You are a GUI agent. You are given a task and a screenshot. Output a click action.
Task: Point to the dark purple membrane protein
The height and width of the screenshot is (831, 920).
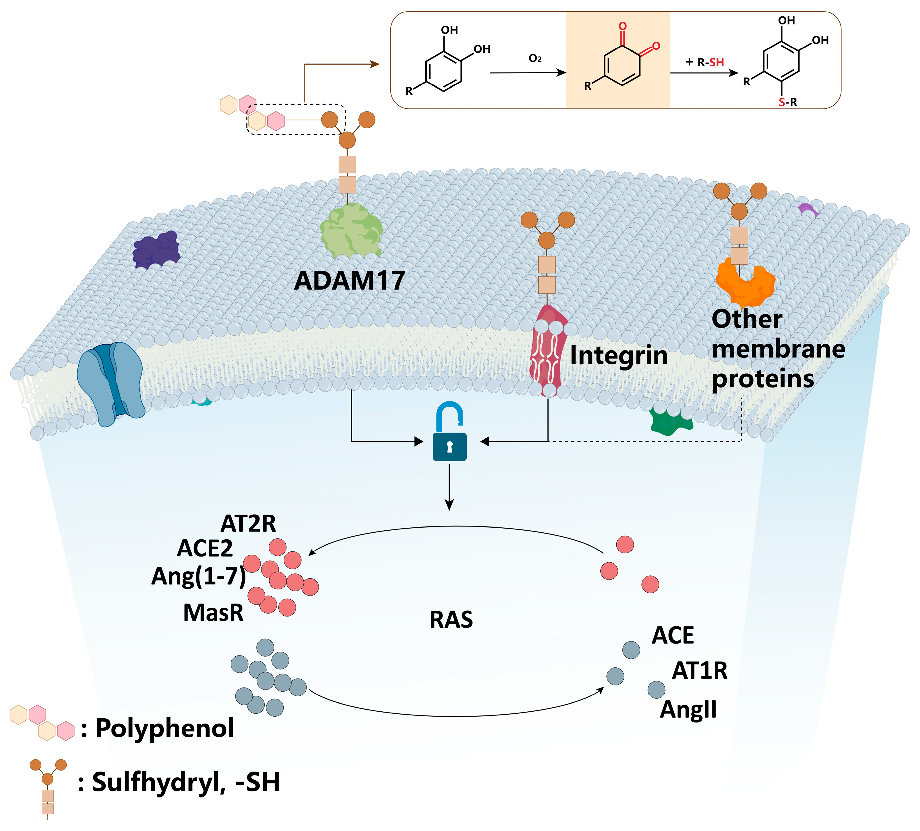[x=156, y=250]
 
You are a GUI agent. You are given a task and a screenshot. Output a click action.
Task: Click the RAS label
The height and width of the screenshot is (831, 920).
[x=451, y=620]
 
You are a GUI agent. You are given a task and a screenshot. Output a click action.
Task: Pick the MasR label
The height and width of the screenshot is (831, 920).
[x=213, y=613]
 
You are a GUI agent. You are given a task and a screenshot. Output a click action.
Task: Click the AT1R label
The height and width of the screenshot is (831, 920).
[x=700, y=671]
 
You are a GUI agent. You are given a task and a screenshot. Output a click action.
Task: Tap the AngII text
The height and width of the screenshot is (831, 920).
[x=688, y=710]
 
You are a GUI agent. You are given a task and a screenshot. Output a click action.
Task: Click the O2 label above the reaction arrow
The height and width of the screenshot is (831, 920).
[x=535, y=59]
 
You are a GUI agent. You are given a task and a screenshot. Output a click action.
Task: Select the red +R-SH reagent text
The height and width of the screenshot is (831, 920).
[x=705, y=63]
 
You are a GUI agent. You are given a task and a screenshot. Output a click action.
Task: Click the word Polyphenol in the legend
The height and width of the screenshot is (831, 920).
[x=164, y=728]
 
